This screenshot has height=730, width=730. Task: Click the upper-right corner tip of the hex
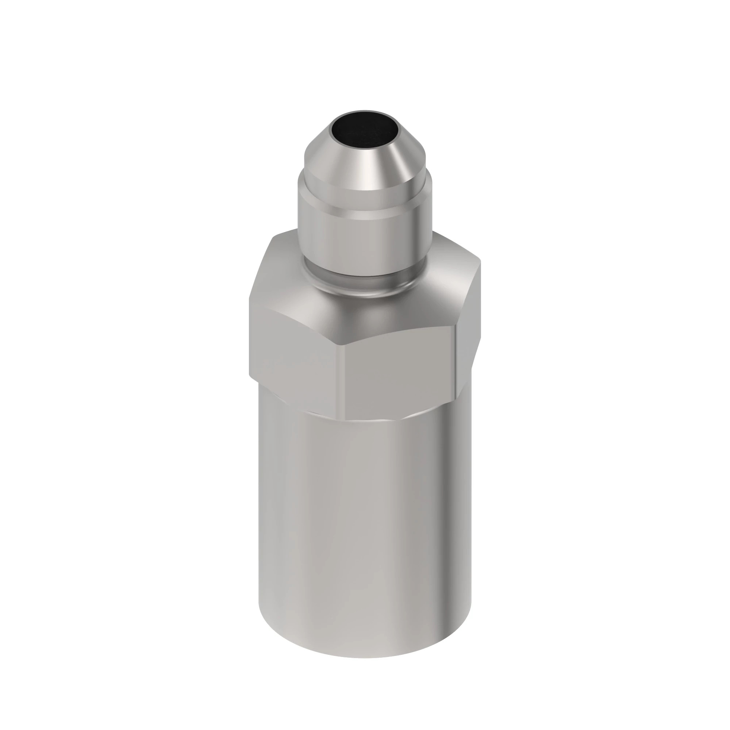[x=480, y=261]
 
